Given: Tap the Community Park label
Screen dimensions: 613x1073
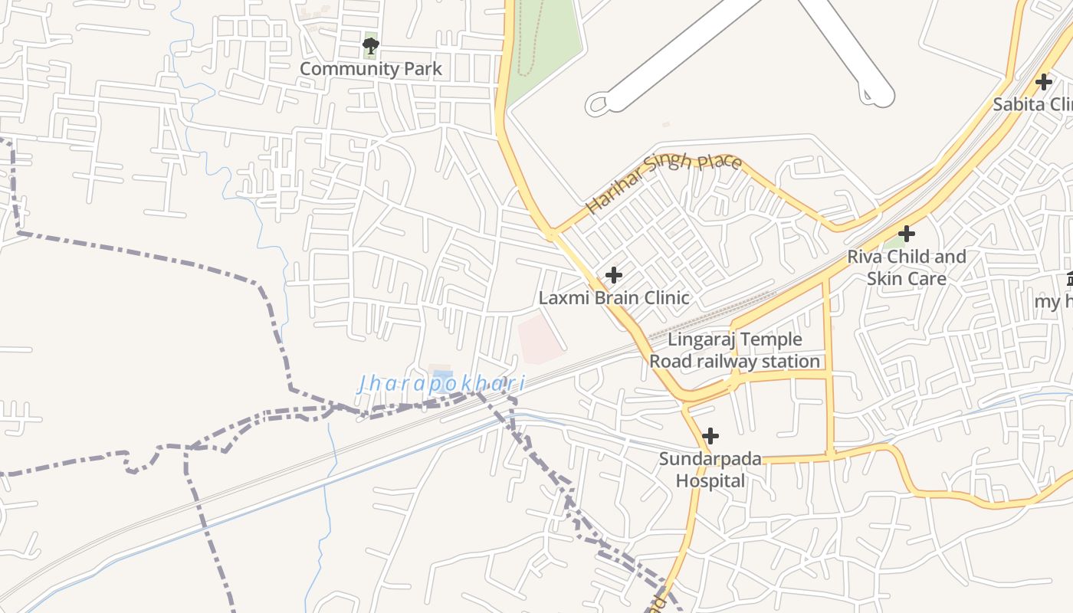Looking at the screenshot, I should pyautogui.click(x=371, y=69).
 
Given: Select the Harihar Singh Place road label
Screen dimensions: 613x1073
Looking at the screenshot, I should pyautogui.click(x=663, y=182).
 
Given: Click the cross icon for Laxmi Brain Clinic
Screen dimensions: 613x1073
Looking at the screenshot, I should pyautogui.click(x=613, y=274).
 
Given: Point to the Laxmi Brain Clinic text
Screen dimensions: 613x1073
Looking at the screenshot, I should pyautogui.click(x=614, y=297).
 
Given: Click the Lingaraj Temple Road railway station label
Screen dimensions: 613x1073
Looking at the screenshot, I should pyautogui.click(x=735, y=350).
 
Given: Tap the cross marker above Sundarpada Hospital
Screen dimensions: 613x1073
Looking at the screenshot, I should pyautogui.click(x=710, y=436).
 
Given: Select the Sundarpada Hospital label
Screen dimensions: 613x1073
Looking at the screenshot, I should pyautogui.click(x=710, y=470).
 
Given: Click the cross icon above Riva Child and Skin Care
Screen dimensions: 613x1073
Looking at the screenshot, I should pyautogui.click(x=907, y=233).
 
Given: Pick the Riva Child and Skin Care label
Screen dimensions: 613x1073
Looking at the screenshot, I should pyautogui.click(x=906, y=267).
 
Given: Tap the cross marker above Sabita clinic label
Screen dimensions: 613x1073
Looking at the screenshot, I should pyautogui.click(x=1043, y=81).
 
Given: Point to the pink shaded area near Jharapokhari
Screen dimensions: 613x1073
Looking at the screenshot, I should pyautogui.click(x=540, y=338).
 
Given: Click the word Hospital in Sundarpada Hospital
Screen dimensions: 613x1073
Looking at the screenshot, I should pyautogui.click(x=710, y=481).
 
